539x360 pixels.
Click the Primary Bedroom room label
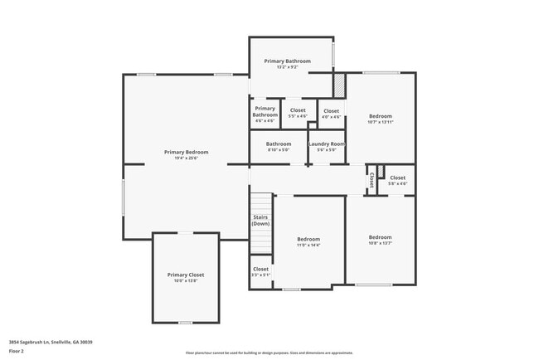click(186, 152)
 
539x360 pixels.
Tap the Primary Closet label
click(186, 275)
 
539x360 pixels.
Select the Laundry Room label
click(327, 144)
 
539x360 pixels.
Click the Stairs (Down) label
click(260, 221)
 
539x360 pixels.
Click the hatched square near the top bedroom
click(338, 84)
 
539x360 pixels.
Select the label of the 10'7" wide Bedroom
click(380, 116)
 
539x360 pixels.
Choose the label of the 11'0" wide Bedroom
click(308, 239)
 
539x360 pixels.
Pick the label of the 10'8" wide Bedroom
click(380, 237)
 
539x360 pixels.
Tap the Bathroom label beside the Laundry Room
click(279, 144)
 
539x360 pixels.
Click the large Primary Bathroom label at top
click(287, 61)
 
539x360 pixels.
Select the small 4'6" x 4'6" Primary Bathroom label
click(265, 111)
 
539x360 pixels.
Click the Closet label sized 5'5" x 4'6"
click(298, 110)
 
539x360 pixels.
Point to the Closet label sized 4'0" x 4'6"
click(331, 111)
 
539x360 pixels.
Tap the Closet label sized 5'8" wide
click(398, 178)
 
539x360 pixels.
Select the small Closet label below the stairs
click(260, 269)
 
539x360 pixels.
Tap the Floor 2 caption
click(17, 351)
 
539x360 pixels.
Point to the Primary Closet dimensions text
click(186, 280)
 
